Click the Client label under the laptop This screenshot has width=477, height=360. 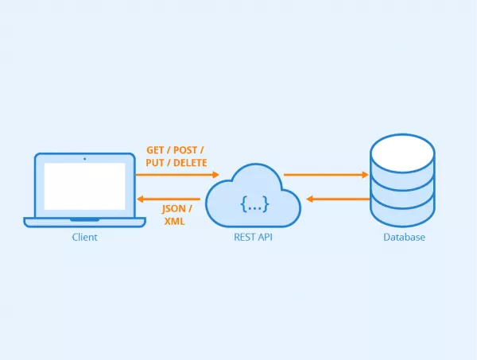pos(84,238)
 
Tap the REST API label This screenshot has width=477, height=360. pos(254,238)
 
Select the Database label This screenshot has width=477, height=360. pos(403,238)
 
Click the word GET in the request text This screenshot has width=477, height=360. pos(156,150)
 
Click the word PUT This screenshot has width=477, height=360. pos(157,163)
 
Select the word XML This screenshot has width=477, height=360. pos(174,222)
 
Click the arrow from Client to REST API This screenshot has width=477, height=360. pos(176,174)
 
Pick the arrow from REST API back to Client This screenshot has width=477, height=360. pos(169,199)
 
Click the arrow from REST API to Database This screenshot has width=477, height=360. pos(326,174)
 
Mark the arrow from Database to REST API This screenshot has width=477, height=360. pos(338,199)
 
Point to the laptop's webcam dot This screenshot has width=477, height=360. pos(84,159)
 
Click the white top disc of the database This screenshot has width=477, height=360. pos(402,152)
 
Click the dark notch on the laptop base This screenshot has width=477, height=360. pos(84,219)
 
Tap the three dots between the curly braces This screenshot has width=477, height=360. pos(254,207)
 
